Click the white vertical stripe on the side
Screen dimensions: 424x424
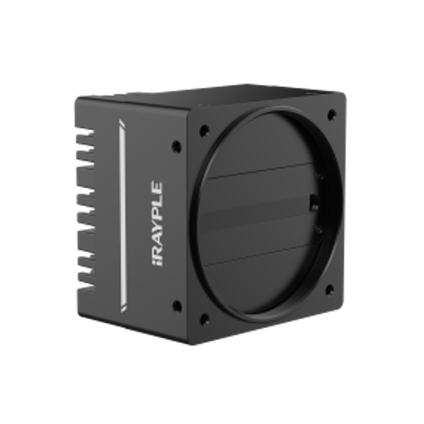[122, 215]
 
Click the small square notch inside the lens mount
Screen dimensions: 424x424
[313, 204]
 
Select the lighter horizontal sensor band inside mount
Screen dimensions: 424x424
[262, 220]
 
